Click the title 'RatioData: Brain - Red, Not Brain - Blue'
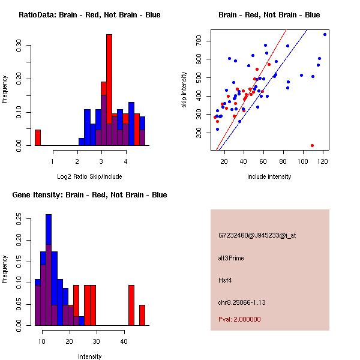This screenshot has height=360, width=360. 89,15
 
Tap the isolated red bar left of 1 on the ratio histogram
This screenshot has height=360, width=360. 38,137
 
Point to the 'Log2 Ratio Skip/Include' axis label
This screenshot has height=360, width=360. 89,176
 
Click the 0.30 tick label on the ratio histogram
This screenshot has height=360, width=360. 19,47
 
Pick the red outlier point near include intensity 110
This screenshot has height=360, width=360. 313,145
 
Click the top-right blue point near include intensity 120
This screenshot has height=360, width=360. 325,34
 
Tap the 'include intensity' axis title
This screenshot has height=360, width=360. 269,176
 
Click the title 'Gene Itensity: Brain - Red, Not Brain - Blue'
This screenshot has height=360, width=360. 89,195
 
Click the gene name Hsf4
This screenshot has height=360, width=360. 225,280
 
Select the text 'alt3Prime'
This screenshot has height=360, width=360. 231,258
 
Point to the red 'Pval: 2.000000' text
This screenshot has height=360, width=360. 240,320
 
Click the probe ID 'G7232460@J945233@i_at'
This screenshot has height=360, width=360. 257,235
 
